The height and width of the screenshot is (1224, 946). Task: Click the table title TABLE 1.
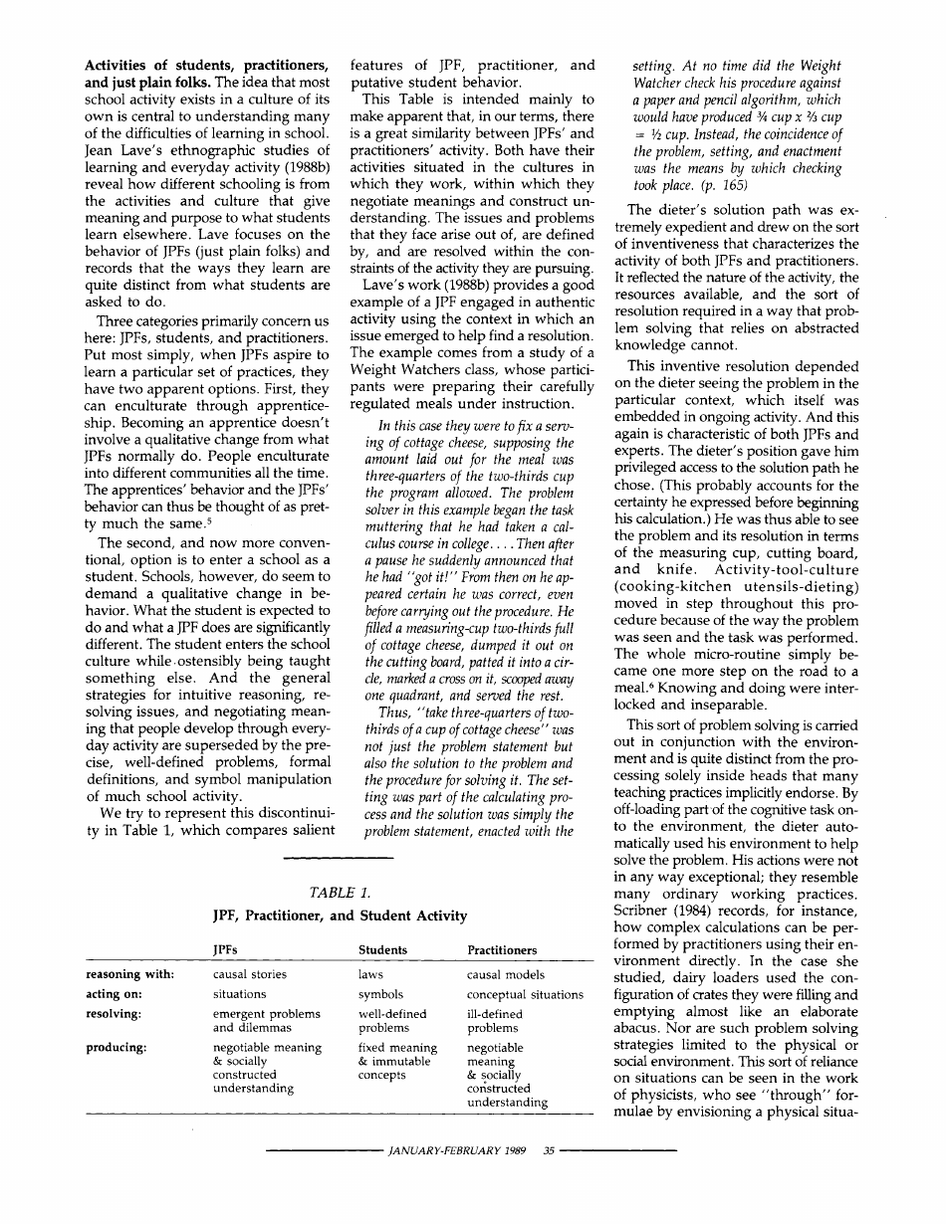(x=340, y=892)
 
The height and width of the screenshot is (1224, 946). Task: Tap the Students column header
(x=382, y=950)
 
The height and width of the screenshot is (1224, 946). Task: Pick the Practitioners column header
(x=502, y=950)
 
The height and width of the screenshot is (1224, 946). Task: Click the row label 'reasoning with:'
(x=131, y=974)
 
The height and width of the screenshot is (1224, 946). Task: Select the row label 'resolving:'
(x=113, y=1014)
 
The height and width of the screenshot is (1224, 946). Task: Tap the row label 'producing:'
(x=117, y=1047)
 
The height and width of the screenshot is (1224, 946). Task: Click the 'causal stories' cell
(x=250, y=974)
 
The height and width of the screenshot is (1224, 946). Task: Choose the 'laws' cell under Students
(x=370, y=974)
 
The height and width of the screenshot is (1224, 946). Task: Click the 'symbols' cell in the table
(x=380, y=994)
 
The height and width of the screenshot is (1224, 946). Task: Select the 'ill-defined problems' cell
(x=494, y=1021)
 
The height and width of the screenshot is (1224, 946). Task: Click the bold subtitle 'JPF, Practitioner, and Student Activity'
(x=340, y=915)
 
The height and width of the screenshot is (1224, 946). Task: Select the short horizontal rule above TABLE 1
(x=340, y=858)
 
